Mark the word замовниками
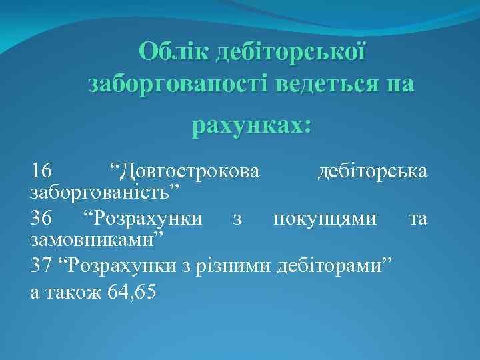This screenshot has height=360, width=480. click(x=97, y=239)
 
